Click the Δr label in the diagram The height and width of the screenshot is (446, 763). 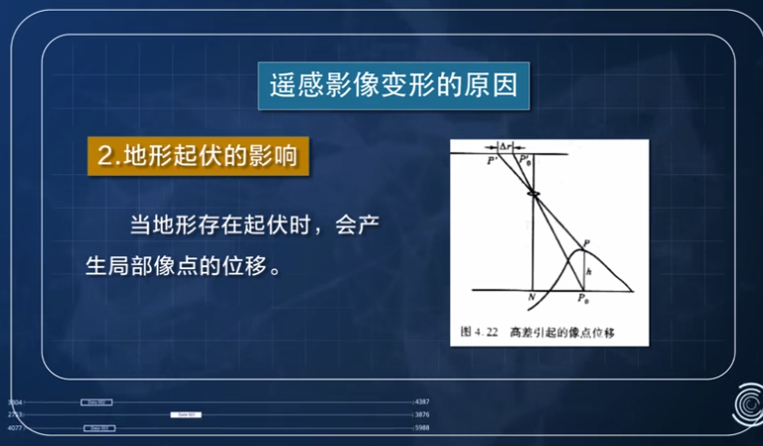tap(507, 146)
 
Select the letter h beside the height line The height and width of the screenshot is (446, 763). tap(589, 270)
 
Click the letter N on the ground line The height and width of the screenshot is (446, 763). tap(533, 297)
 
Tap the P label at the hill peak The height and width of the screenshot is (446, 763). tap(587, 242)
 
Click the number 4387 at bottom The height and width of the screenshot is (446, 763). tap(421, 402)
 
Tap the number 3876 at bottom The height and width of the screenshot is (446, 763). tap(421, 414)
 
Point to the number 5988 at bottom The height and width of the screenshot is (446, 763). tap(421, 427)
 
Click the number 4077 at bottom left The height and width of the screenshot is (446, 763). tap(14, 427)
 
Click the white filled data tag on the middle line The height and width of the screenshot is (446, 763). tap(185, 414)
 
